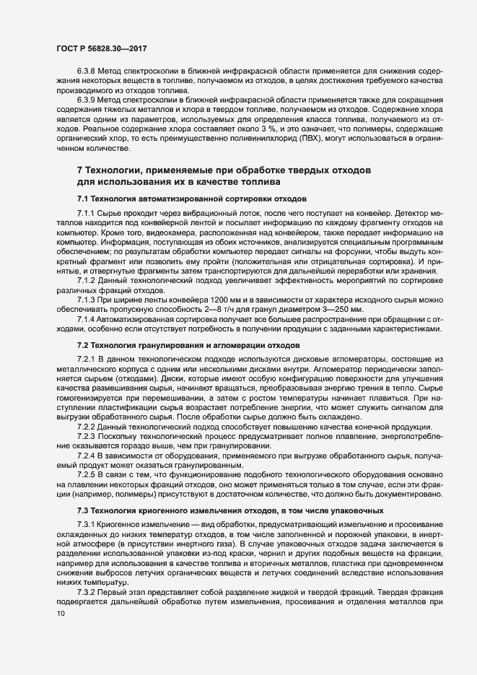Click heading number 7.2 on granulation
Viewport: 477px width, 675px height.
tap(84, 347)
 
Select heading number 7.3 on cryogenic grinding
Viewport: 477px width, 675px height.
tap(84, 510)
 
